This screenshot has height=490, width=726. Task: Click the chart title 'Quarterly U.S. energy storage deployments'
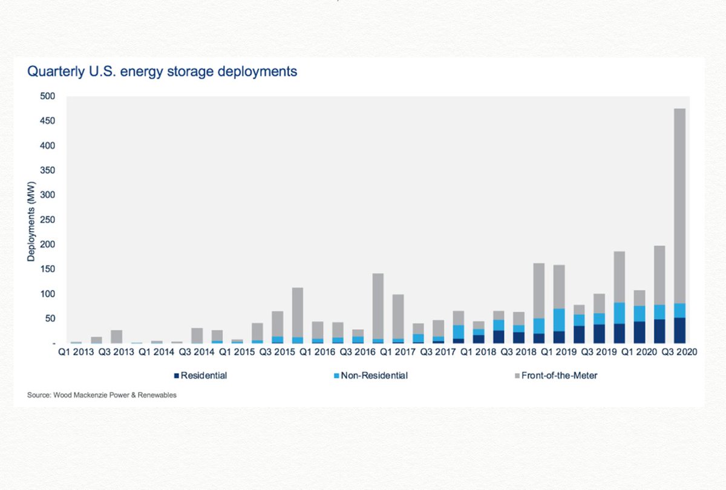[x=162, y=71]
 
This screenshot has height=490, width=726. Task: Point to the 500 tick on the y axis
[x=48, y=96]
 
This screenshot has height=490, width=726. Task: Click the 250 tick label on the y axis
[x=48, y=220]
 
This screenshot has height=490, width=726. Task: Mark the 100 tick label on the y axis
[x=48, y=294]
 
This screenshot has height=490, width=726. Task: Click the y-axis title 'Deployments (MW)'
[x=30, y=220]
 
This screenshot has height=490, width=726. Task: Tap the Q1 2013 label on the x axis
[x=74, y=351]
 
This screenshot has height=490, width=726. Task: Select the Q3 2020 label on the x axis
[x=678, y=351]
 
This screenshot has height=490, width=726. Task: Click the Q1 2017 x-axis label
[x=396, y=351]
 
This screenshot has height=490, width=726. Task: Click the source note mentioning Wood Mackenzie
[x=102, y=396]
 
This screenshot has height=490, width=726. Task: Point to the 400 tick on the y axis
[x=48, y=146]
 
